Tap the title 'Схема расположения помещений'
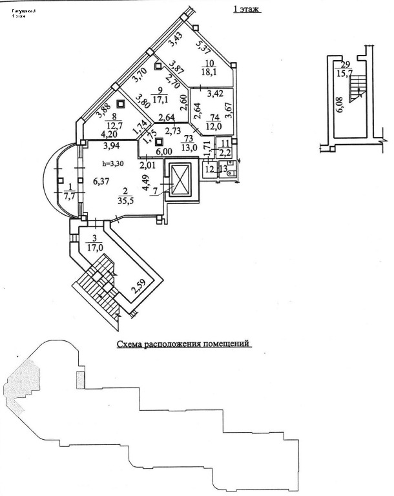[183, 345]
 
